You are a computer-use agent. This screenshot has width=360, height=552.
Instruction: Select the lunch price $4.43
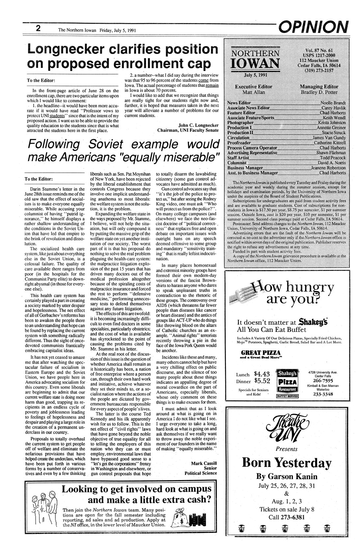[262, 374]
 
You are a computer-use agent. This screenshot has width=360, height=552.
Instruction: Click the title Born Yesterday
[286, 462]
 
